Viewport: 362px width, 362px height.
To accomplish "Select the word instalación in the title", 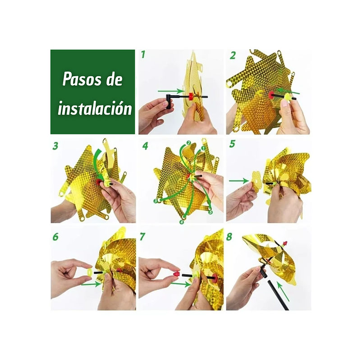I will click(95, 108).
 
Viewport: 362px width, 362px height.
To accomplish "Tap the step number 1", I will click(143, 55).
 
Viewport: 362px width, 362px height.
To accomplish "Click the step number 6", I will click(55, 236).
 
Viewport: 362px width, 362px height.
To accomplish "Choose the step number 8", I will click(229, 236).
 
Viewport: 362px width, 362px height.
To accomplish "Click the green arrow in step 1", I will click(171, 92).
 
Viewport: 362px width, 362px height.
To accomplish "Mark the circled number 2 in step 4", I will click(188, 143).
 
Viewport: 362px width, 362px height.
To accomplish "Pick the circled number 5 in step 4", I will click(210, 212).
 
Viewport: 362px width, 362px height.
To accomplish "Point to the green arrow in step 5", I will click(239, 181).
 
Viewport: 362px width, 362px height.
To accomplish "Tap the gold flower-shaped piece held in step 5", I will click(255, 185).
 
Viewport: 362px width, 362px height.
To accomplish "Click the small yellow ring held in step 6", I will click(90, 272).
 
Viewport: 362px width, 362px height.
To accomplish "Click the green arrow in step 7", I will click(181, 284).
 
